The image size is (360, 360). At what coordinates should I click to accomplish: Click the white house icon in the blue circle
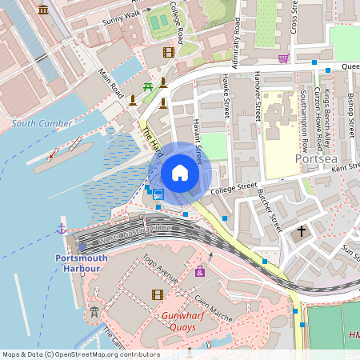tap(180, 173)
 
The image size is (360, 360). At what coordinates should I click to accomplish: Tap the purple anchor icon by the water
tap(61, 230)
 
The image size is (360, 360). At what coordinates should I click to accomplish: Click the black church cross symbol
tap(302, 231)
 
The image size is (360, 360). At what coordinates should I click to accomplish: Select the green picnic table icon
tap(147, 86)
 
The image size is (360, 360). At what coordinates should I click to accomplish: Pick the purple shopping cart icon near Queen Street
tap(283, 58)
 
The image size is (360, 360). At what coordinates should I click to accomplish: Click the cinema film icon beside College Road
tap(168, 52)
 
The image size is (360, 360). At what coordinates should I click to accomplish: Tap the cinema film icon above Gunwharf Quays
tap(157, 294)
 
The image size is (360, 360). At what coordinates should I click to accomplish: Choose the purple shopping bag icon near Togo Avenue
tap(200, 272)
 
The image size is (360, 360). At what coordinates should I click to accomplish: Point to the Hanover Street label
tap(257, 95)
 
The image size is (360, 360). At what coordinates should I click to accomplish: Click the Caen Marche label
tap(214, 309)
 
